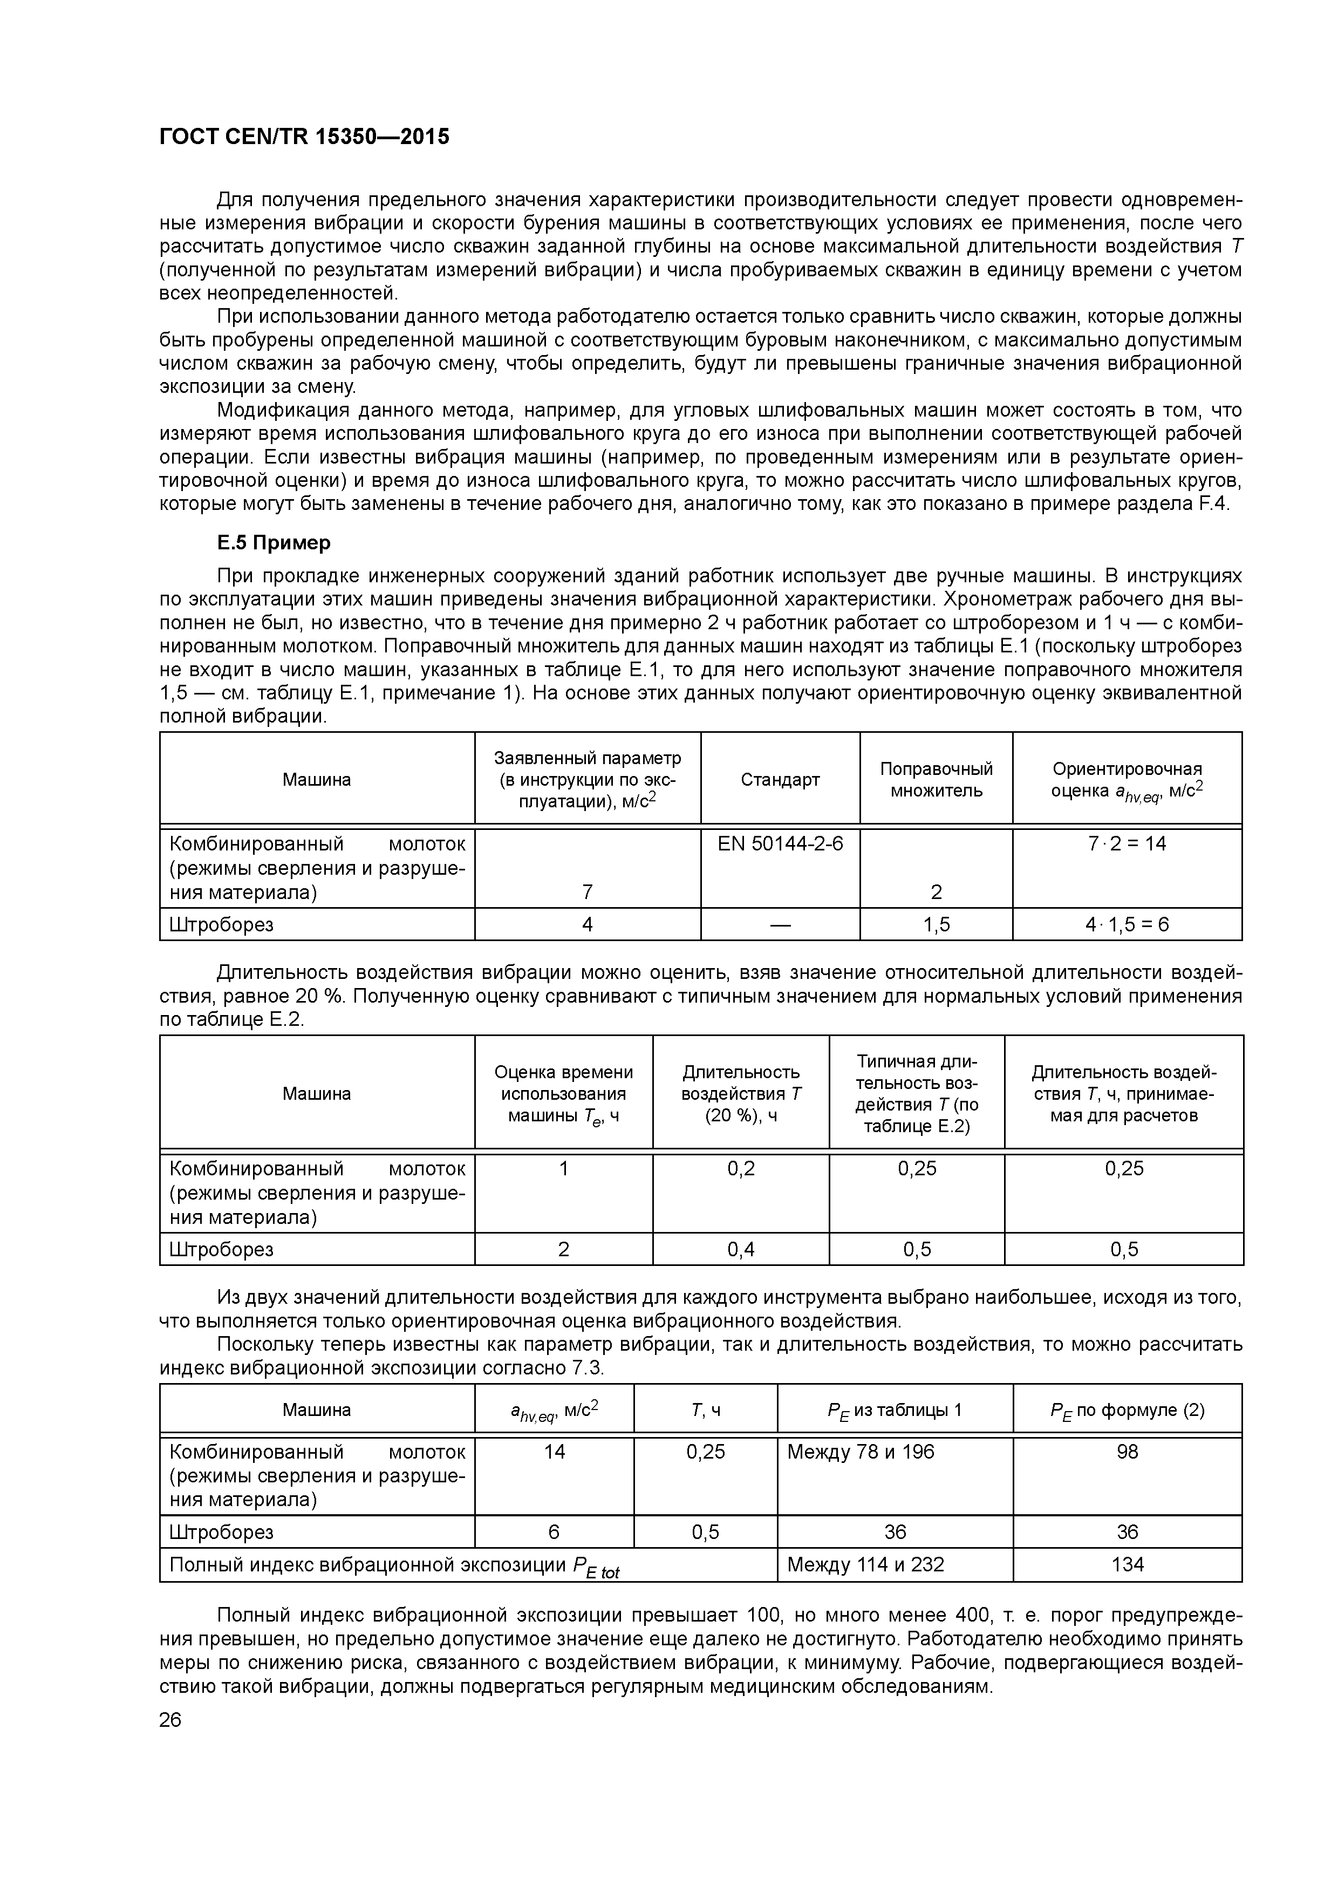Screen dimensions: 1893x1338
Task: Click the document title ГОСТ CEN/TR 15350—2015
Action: coord(304,137)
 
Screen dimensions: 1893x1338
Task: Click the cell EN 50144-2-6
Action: coord(780,843)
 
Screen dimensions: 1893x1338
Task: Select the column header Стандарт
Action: coord(780,779)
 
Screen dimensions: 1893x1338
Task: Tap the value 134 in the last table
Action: coord(1127,1564)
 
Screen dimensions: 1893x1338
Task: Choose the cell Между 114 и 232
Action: coord(865,1564)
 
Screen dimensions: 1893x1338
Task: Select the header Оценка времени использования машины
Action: coord(563,1093)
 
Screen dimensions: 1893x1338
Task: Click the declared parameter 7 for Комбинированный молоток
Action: coord(587,891)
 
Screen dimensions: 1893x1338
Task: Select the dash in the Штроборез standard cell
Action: coord(780,925)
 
